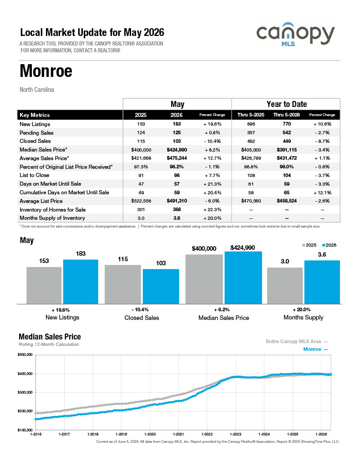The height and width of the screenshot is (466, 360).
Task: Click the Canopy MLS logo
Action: [295, 34]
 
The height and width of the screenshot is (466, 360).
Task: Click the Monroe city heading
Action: [46, 71]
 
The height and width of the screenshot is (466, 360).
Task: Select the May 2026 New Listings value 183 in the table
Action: [177, 124]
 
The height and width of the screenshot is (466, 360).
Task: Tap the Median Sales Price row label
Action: [43, 149]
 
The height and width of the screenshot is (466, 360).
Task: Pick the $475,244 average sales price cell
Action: [177, 158]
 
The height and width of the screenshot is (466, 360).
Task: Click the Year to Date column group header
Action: [287, 104]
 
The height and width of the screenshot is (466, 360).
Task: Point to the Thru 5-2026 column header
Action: [287, 115]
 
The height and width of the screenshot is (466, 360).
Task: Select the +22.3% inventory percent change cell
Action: [212, 209]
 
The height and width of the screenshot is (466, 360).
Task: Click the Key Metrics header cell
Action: [35, 115]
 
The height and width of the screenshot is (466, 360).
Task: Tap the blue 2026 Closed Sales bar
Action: [161, 287]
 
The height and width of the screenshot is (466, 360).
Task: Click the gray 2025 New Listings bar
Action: [44, 285]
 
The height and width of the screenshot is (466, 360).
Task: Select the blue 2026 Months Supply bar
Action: [322, 282]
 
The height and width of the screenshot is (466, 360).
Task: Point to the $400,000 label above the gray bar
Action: [204, 248]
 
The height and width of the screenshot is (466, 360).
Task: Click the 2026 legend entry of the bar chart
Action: [329, 245]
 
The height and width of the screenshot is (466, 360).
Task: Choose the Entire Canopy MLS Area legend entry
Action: [297, 341]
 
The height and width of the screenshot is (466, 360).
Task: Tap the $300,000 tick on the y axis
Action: [25, 392]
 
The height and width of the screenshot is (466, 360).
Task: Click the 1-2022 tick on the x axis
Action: [207, 434]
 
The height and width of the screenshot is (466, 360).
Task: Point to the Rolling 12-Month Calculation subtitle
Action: [49, 344]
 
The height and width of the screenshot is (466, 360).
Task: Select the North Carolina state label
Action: [37, 90]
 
